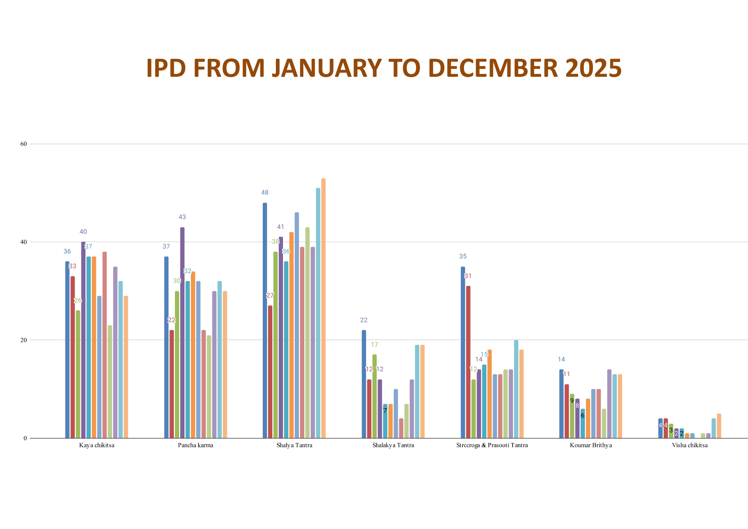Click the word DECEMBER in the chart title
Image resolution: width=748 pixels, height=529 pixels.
[493, 68]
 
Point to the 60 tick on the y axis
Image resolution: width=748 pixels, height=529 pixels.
[23, 144]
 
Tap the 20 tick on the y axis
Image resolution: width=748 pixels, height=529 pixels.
[23, 340]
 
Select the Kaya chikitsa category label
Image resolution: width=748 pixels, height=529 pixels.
[97, 445]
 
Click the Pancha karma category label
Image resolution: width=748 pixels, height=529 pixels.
[196, 445]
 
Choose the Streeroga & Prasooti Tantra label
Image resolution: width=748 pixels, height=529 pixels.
[492, 445]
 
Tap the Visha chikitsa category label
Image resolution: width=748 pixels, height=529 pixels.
[690, 445]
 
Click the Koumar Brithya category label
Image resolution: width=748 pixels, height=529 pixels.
[591, 445]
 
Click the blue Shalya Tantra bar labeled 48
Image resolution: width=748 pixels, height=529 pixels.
[265, 320]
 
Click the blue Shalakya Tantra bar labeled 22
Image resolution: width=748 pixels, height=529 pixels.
[364, 384]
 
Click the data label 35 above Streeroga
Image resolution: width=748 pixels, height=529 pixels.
[463, 256]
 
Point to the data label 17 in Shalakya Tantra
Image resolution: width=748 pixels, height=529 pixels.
[374, 344]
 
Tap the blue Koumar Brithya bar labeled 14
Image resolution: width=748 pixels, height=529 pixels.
[561, 404]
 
